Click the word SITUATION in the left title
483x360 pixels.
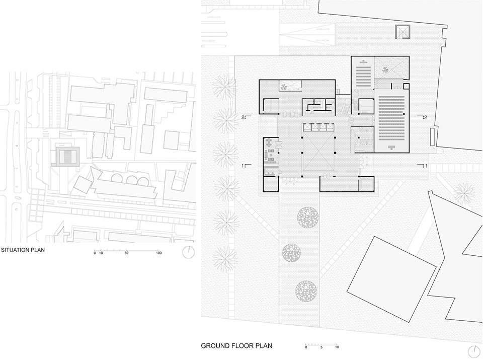click(16, 250)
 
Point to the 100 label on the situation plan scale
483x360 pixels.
click(158, 253)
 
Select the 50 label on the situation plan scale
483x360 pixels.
click(126, 253)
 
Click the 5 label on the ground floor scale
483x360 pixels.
click(321, 347)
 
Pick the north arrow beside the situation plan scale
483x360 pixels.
click(189, 252)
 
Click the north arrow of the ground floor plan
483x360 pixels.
click(474, 351)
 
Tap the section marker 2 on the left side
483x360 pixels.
click(247, 117)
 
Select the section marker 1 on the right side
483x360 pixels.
click(423, 166)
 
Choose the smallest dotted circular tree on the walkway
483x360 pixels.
click(291, 253)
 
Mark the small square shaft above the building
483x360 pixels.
click(403, 32)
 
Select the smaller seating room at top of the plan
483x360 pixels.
click(363, 73)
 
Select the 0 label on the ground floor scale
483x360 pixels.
click(306, 347)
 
